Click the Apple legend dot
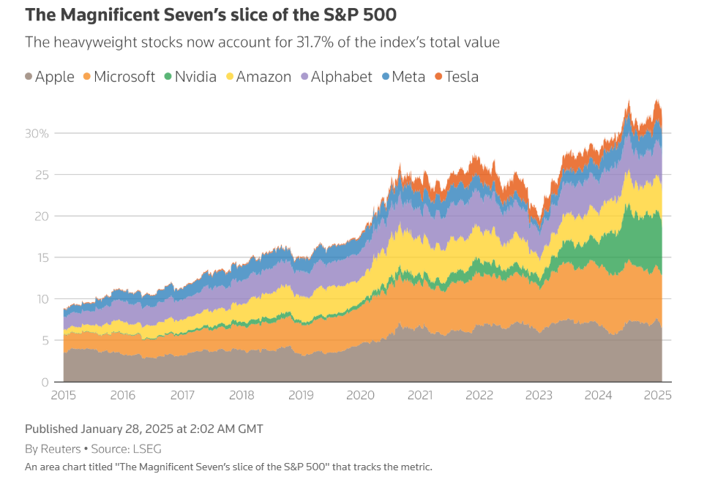tap(29, 76)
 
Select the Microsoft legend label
tap(124, 77)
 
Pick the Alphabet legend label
tap(341, 77)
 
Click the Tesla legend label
tap(462, 77)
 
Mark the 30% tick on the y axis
tap(37, 134)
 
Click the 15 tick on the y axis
tap(42, 257)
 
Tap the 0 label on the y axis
tap(45, 382)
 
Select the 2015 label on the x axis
tap(64, 395)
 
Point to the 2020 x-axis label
tap(360, 395)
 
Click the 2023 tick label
tap(539, 395)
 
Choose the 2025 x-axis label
tap(658, 395)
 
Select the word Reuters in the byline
tap(61, 448)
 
